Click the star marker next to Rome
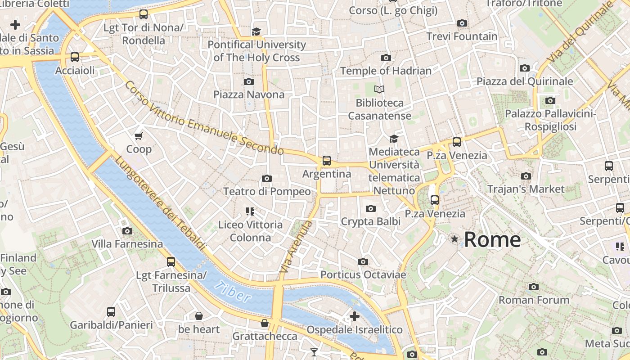454,239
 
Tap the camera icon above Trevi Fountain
462,23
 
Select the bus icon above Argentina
327,161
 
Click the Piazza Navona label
249,94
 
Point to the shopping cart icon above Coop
139,136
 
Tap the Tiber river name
233,292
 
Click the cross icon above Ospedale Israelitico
355,316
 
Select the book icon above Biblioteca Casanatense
379,90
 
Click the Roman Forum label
534,300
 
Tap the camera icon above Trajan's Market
526,176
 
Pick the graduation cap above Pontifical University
256,31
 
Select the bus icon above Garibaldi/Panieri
111,311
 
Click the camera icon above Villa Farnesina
127,231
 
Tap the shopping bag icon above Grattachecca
265,323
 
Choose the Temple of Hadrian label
386,71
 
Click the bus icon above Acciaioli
75,57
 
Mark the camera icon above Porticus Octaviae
363,261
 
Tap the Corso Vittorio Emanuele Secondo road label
203,118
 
